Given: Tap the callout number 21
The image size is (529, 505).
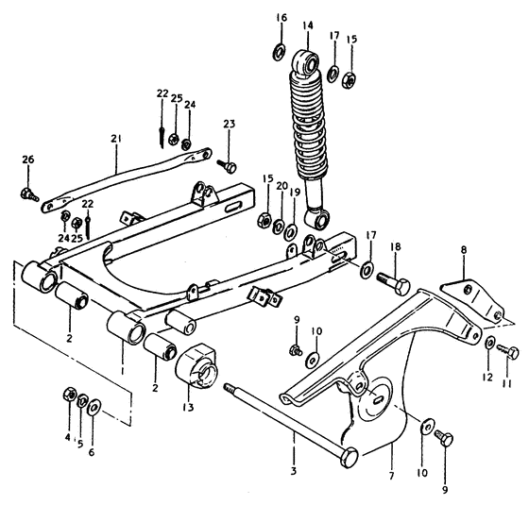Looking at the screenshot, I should (116, 139).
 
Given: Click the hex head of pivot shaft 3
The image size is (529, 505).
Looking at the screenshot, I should (349, 457).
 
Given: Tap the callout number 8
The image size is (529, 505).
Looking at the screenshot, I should (464, 251).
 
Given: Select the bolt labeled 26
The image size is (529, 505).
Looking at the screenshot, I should (26, 195).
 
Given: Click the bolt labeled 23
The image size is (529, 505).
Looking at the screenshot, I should (229, 166).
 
